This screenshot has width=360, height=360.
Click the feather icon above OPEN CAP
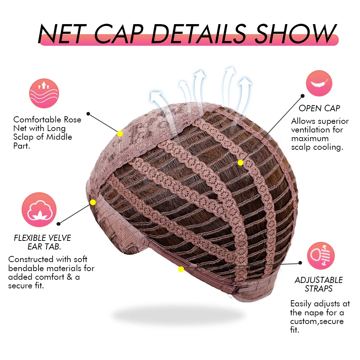tap(319, 83)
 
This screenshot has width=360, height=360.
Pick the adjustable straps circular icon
tap(320, 256)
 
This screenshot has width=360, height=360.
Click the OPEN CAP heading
tap(319, 108)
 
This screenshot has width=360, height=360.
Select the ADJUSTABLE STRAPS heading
tap(319, 284)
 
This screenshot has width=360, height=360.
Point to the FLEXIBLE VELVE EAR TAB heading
tap(42, 242)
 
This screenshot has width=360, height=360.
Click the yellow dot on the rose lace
tap(120, 134)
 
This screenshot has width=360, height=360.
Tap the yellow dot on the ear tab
tap(93, 202)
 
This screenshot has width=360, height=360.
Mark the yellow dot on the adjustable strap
tap(181, 269)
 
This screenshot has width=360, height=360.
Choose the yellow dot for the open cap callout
tap(240, 163)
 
